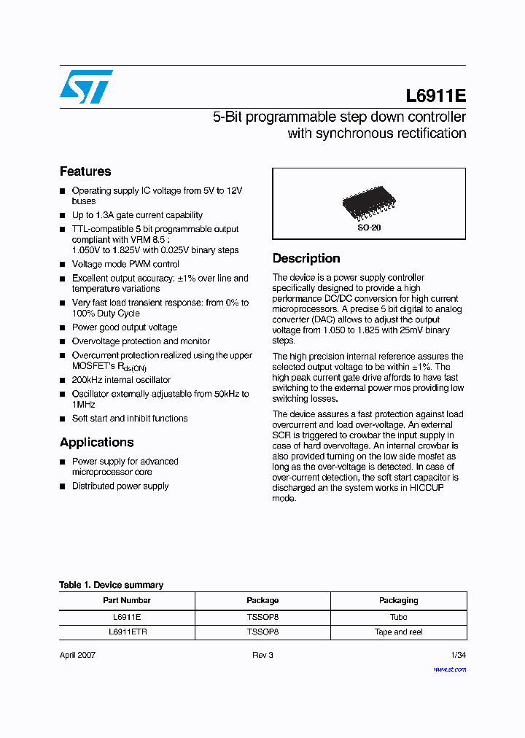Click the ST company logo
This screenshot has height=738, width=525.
[86, 87]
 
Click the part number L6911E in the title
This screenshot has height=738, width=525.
[435, 96]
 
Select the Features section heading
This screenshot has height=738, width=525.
[85, 171]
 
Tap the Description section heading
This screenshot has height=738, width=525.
[306, 258]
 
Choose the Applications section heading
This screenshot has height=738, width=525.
[96, 442]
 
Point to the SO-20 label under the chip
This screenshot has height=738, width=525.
[369, 228]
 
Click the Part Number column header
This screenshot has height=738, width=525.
[127, 600]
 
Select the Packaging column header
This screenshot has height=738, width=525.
[398, 600]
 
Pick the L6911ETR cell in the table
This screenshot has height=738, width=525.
[127, 632]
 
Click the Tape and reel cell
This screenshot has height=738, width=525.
[398, 632]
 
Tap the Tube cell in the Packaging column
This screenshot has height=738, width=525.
[398, 616]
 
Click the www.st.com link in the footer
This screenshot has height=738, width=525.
[449, 669]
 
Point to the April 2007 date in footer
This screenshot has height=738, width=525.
[77, 655]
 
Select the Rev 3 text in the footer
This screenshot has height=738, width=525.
[262, 655]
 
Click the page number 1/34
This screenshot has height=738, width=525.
[458, 655]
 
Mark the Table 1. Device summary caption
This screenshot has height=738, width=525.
[111, 585]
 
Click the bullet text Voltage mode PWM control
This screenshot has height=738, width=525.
[125, 264]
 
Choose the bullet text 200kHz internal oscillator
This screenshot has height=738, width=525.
[121, 380]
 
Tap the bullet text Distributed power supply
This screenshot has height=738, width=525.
[120, 486]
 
